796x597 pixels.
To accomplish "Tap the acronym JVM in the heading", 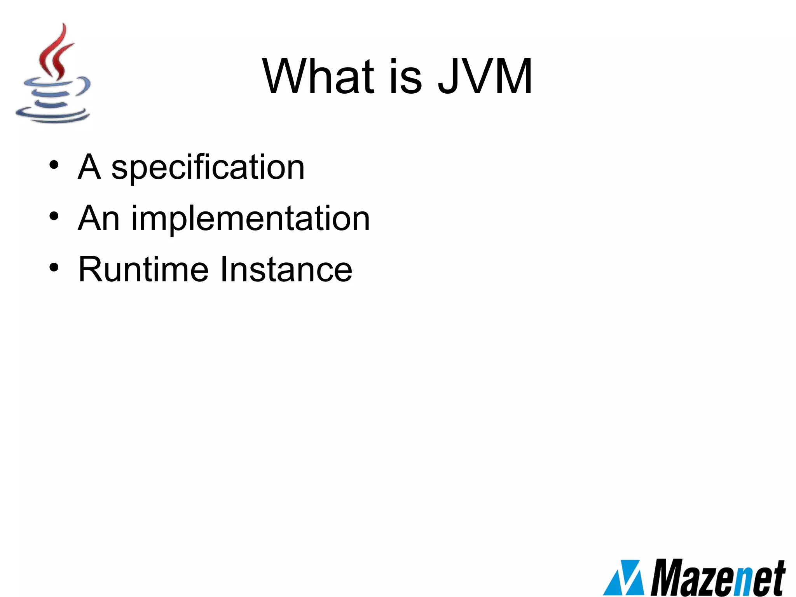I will pos(485,77).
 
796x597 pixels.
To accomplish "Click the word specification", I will pos(208,167).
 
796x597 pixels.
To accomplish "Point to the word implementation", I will pos(250,219).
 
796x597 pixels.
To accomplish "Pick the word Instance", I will pos(286,269).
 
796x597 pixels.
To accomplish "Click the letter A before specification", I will pos(89,167).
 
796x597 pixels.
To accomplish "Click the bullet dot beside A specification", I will pos(54,165).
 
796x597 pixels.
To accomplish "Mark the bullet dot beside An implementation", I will pos(54,216).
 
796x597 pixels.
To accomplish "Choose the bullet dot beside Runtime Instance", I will pos(54,267).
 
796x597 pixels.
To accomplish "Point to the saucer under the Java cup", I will pos(52,115).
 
